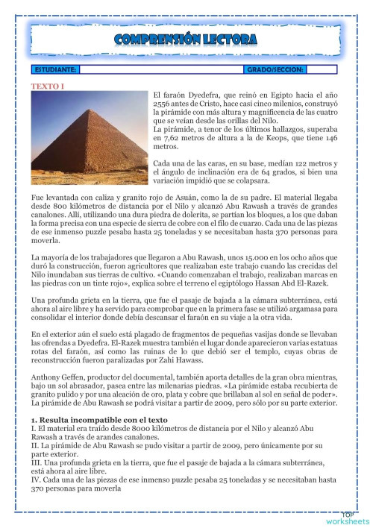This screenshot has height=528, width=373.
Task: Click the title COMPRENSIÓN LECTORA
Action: click(x=186, y=40)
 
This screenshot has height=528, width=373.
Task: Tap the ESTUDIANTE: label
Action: click(x=55, y=69)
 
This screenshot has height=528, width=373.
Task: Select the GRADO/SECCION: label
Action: click(x=274, y=69)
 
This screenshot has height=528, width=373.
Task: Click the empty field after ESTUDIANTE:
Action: click(x=160, y=69)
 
